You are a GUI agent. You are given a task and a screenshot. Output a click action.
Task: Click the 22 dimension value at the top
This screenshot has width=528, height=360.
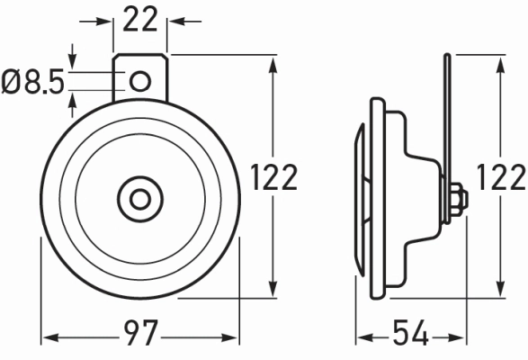pos(140,20)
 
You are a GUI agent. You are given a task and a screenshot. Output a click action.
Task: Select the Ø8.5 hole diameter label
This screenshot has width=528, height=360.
pos(33,83)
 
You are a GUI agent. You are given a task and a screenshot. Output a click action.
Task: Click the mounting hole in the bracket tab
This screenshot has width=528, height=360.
pos(140,82)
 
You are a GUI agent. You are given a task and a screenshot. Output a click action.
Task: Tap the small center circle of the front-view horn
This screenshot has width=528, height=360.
pos(140,197)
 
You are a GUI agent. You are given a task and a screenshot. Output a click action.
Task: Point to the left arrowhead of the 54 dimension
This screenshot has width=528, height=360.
pos(362,338)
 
